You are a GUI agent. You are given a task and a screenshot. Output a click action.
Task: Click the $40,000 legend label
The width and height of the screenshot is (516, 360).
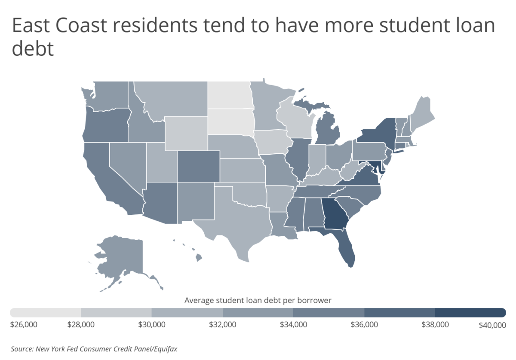click(x=492, y=325)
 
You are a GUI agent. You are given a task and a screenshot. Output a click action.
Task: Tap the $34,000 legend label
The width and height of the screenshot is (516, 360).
click(x=293, y=324)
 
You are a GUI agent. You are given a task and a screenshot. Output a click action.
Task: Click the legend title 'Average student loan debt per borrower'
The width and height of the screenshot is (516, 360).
click(x=258, y=300)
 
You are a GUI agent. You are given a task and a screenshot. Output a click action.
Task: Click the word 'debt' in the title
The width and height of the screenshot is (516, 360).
click(x=33, y=49)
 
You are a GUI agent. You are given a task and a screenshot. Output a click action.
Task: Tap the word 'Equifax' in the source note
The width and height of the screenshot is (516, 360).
click(x=163, y=349)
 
